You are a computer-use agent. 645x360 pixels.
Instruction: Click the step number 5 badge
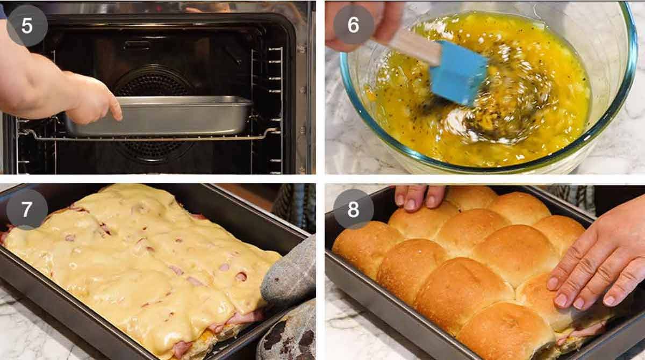pyautogui.click(x=27, y=26)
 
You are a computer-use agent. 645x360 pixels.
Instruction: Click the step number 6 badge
pyautogui.click(x=354, y=25)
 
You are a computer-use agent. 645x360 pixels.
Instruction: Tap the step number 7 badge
pyautogui.click(x=27, y=209)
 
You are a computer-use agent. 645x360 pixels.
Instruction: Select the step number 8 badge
pyautogui.click(x=354, y=209)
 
